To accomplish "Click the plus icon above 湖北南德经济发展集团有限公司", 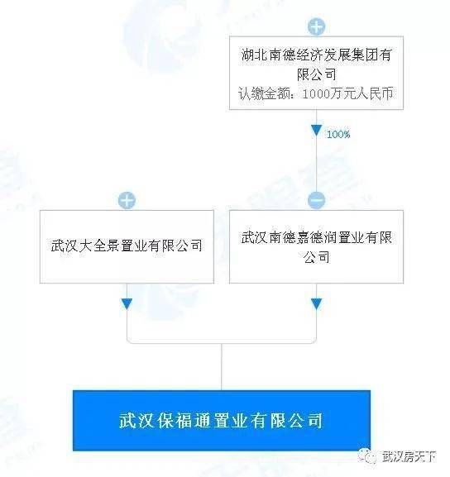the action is click(x=316, y=26).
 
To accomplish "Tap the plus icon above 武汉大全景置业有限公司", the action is click(x=127, y=200).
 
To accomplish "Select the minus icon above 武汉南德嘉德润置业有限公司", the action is click(x=316, y=200).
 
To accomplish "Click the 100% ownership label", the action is click(x=338, y=134).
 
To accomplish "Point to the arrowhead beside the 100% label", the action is click(x=316, y=130).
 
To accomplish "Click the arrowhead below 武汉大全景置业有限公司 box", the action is click(x=127, y=304).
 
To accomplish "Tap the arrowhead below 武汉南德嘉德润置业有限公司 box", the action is click(x=316, y=304).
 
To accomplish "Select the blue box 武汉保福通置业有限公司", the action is click(x=222, y=421).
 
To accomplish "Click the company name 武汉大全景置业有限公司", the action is click(x=127, y=246).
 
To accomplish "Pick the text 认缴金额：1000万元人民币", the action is click(x=316, y=93).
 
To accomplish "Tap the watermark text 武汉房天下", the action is click(x=409, y=456).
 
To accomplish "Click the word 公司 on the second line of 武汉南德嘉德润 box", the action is click(x=316, y=257).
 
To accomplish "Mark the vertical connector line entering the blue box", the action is click(x=222, y=367).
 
